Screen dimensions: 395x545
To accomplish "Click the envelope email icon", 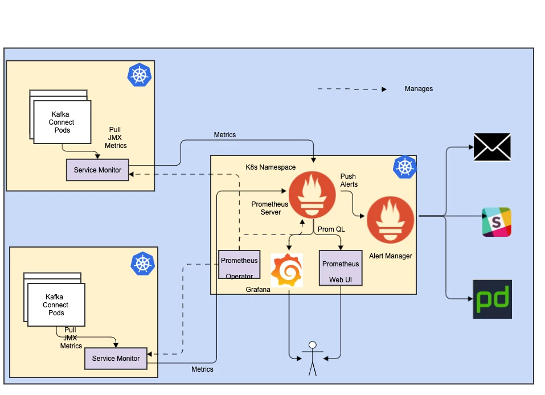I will pyautogui.click(x=492, y=147).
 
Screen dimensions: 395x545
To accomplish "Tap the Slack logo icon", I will pyautogui.click(x=497, y=222).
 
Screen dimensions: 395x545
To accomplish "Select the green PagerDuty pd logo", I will pyautogui.click(x=492, y=299).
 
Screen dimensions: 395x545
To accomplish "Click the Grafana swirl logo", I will pyautogui.click(x=286, y=270).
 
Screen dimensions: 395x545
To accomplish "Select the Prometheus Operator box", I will pyautogui.click(x=239, y=265).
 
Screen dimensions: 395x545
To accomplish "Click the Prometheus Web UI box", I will pyautogui.click(x=341, y=268).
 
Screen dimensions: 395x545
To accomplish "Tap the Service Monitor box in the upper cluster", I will pyautogui.click(x=97, y=170).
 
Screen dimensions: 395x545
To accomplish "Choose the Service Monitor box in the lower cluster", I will pyautogui.click(x=116, y=359).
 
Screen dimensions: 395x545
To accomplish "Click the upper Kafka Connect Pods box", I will pyautogui.click(x=62, y=122).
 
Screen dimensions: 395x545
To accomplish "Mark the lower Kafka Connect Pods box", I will pyautogui.click(x=56, y=305).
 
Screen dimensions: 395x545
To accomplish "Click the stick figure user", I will pyautogui.click(x=312, y=359).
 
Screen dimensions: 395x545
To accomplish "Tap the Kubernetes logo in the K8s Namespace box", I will pyautogui.click(x=405, y=166).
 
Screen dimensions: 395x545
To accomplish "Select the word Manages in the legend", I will pyautogui.click(x=419, y=89).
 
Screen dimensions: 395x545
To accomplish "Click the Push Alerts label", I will pyautogui.click(x=349, y=180).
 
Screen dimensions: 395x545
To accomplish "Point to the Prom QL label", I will pyautogui.click(x=331, y=229).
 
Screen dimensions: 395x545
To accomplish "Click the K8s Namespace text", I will pyautogui.click(x=271, y=167).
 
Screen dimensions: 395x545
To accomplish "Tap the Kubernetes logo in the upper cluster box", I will pyautogui.click(x=140, y=75).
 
